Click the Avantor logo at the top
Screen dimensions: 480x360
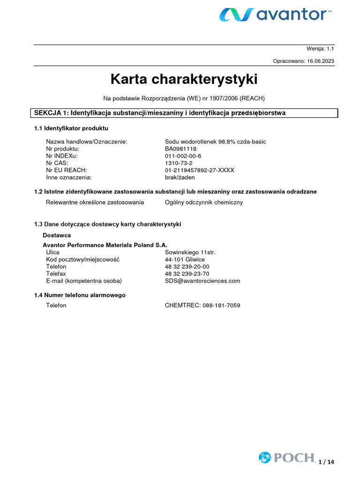(275, 15)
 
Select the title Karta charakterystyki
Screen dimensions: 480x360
(184, 79)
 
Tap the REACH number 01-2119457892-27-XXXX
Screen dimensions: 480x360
(199, 170)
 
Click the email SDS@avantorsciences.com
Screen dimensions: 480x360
(202, 281)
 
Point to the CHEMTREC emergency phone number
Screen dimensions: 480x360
(202, 305)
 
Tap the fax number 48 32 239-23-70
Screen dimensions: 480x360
(187, 274)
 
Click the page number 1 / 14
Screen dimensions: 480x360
(326, 462)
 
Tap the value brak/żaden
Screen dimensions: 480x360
(180, 178)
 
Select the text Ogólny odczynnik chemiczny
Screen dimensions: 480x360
(204, 202)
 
